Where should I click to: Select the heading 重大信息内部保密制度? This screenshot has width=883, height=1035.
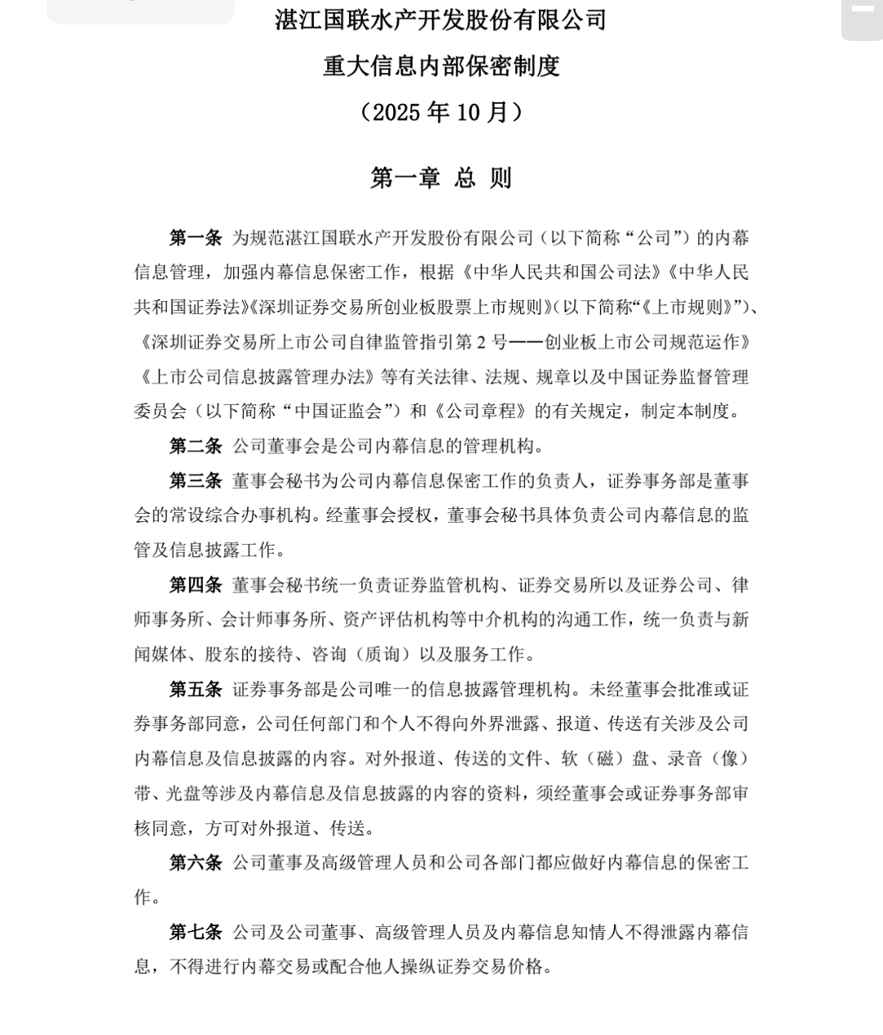coord(441,65)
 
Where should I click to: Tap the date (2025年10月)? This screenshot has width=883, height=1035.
coord(441,111)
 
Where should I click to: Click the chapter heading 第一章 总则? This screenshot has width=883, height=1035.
coord(441,178)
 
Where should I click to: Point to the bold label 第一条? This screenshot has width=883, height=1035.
coord(195,238)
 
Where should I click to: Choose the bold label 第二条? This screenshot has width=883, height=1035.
coord(195,446)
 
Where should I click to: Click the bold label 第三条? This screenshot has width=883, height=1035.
coord(195,481)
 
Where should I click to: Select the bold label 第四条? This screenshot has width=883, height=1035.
coord(195,585)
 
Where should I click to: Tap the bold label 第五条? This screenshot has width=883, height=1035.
coord(195,689)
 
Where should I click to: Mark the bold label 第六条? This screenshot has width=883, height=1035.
coord(195,862)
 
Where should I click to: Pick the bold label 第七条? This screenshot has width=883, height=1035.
coord(195,932)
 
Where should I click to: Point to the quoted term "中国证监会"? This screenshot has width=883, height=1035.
coord(341,411)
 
